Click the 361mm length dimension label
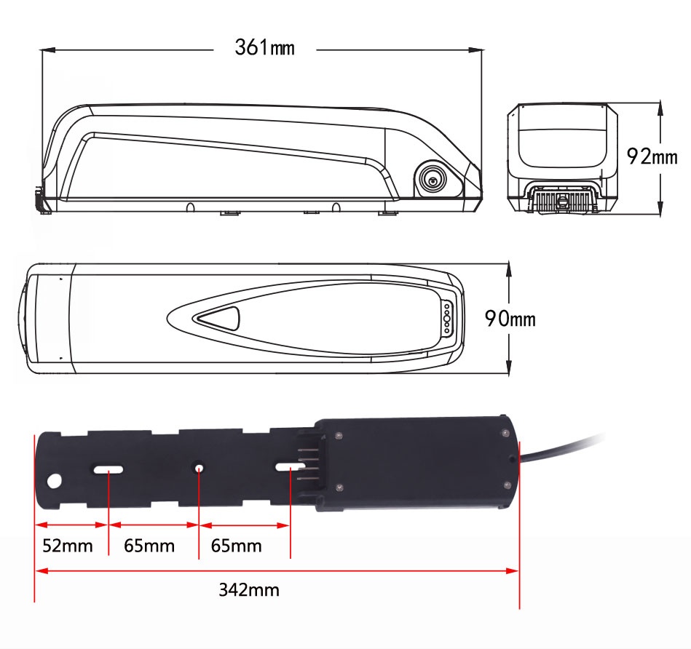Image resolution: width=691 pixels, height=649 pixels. tap(264, 49)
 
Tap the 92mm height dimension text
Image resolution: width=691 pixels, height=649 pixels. tap(652, 156)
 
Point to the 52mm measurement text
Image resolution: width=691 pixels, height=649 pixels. tap(68, 545)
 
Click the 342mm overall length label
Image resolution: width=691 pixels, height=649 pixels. tap(248, 589)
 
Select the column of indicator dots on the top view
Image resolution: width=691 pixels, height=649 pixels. tap(446, 319)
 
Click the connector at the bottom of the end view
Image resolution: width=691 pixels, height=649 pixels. tap(561, 199)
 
